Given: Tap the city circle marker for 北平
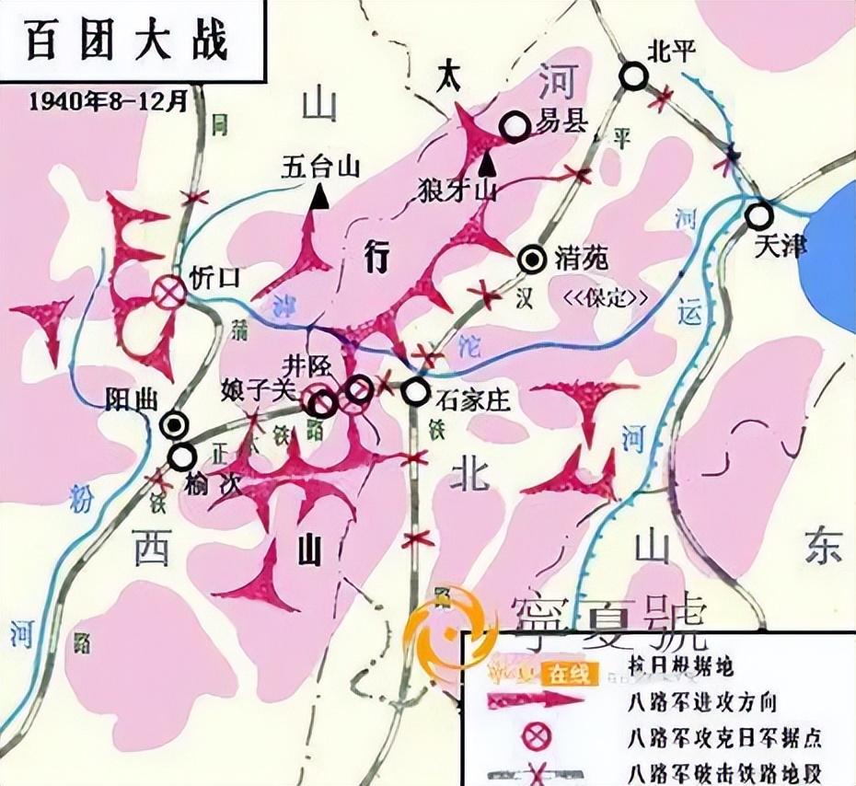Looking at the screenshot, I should coord(633,76).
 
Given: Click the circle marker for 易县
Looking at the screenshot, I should coord(515,127).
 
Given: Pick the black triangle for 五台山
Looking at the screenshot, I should coord(320,196).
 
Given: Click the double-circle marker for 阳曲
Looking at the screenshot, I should coord(175,423).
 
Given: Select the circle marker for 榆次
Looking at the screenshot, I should coord(182,456).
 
